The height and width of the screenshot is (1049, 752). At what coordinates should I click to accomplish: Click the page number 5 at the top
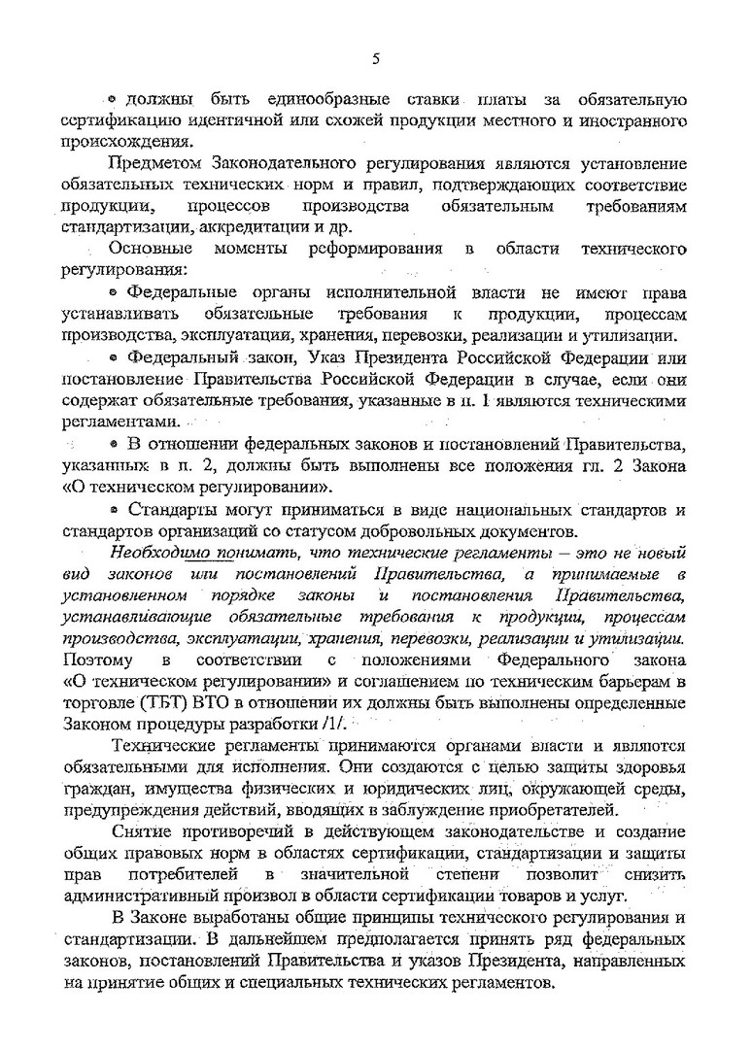[376, 58]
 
